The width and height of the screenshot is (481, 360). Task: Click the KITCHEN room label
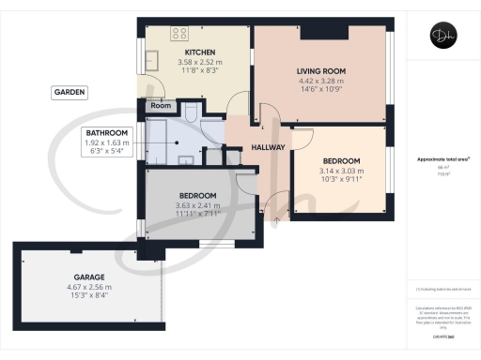point(199,52)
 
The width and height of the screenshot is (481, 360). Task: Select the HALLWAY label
point(269,147)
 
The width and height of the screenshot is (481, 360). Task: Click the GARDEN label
point(70,92)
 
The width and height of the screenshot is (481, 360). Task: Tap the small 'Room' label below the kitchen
point(161,107)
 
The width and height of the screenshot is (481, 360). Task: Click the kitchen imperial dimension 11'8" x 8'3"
point(199,70)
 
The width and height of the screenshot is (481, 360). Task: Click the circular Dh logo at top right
point(440,37)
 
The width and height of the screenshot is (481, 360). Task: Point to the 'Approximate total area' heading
point(440,159)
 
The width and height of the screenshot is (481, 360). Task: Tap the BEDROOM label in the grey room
point(197,195)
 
